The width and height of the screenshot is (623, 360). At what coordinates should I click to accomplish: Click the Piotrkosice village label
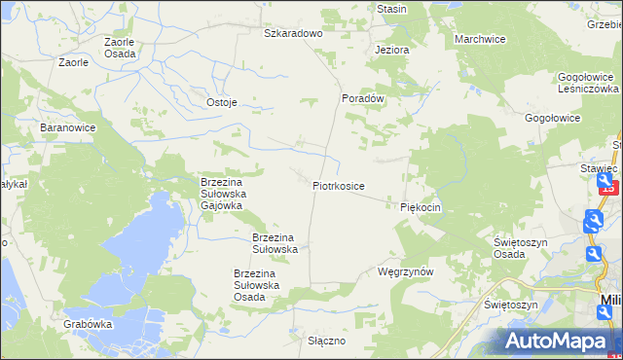click(339, 185)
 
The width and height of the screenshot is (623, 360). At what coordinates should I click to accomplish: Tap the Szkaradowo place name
click(293, 32)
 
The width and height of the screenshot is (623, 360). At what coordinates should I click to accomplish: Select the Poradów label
click(364, 98)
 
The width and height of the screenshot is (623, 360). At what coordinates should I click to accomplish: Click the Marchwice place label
click(480, 39)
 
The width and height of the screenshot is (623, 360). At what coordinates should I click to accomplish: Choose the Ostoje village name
click(222, 102)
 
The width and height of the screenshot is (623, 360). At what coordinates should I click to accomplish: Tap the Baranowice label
click(65, 127)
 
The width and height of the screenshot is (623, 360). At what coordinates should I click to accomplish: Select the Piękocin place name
click(421, 207)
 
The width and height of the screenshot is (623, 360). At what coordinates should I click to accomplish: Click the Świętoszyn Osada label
click(523, 248)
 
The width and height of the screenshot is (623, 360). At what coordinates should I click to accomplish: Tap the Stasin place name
click(391, 9)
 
